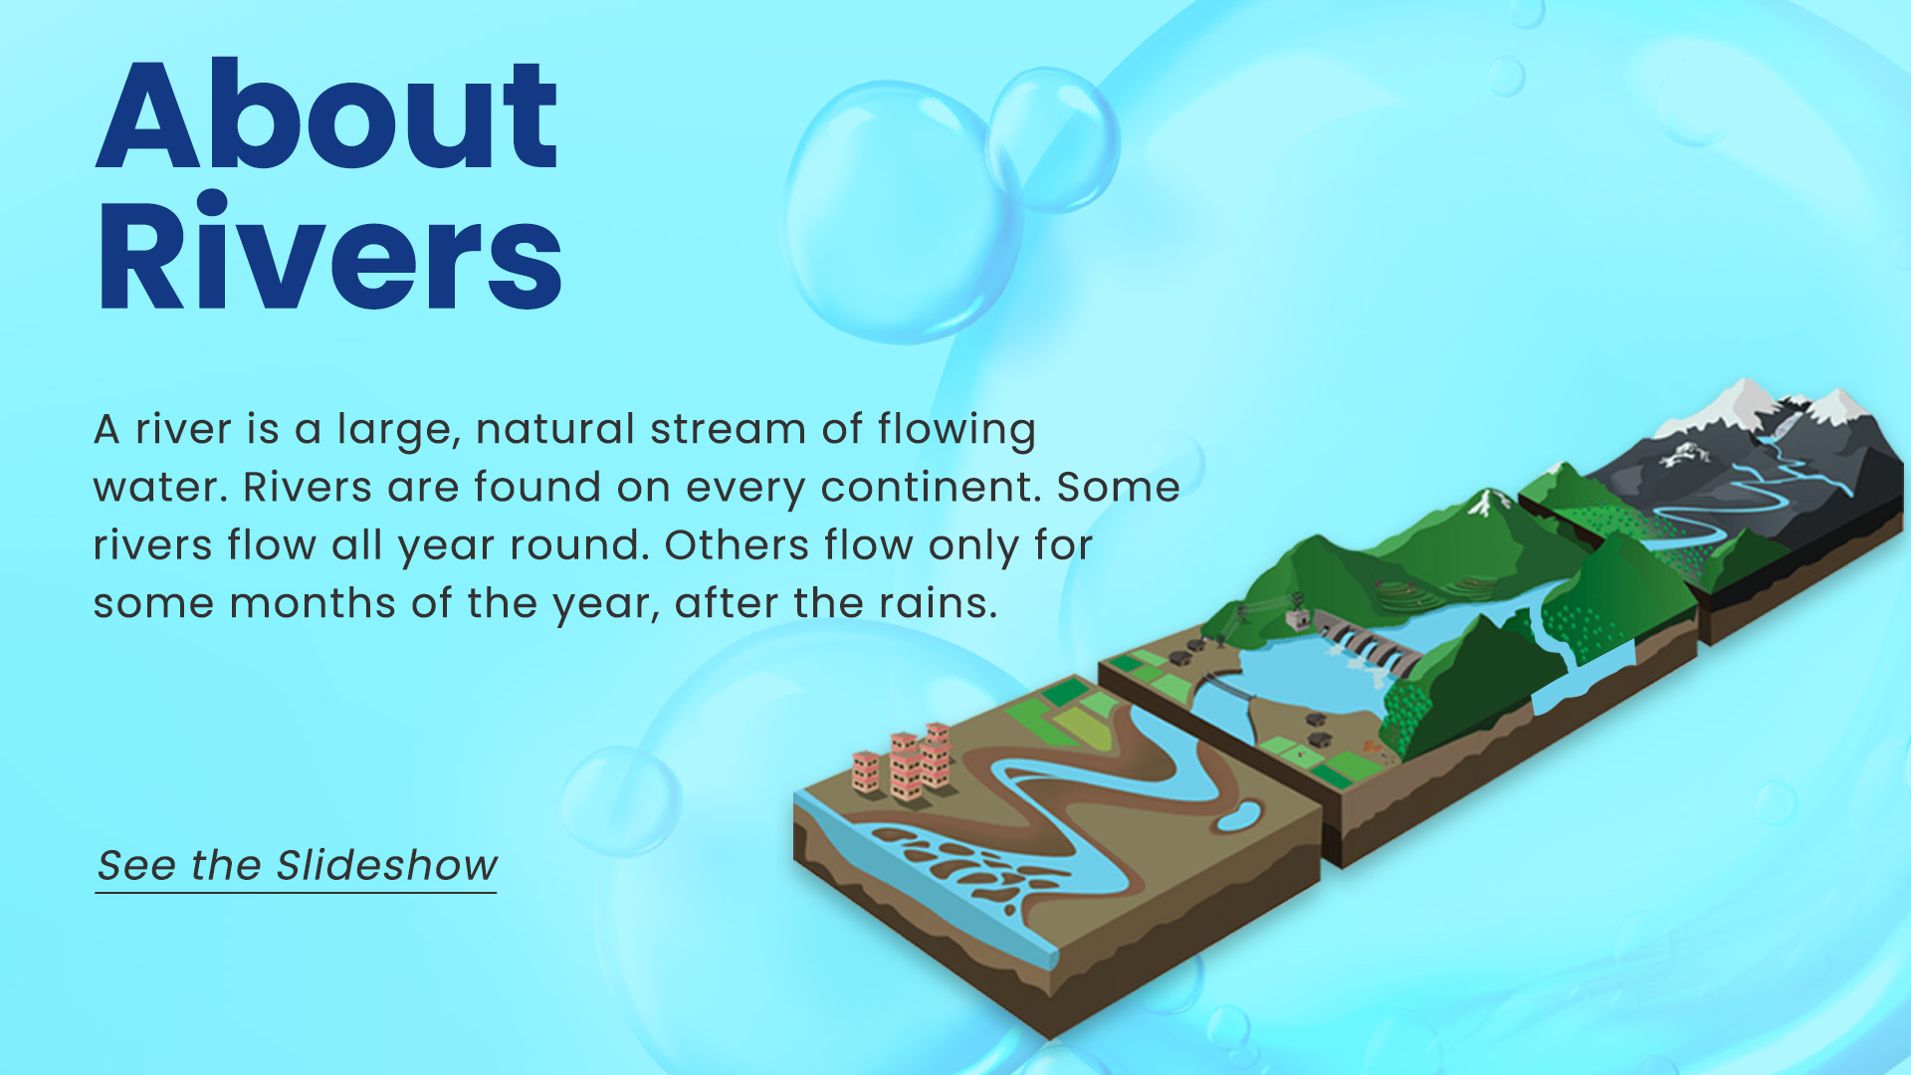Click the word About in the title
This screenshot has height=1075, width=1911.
[326, 115]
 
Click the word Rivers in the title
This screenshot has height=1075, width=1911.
[329, 253]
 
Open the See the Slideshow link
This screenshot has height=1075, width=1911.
[297, 866]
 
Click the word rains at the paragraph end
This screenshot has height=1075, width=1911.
[938, 603]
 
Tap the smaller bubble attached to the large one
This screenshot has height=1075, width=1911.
[1053, 139]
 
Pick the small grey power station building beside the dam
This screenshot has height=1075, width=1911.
[1298, 619]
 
